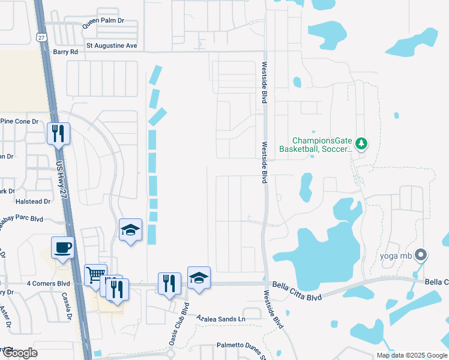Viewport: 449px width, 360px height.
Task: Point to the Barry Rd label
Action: (65, 52)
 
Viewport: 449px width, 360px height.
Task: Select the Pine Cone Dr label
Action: (19, 121)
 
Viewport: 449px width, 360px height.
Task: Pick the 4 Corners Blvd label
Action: (48, 283)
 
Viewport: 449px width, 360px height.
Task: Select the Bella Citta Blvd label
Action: (297, 288)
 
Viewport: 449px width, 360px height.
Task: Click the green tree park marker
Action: (361, 143)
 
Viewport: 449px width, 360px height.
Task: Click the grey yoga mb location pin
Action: (421, 256)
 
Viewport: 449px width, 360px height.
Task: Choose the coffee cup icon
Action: (63, 247)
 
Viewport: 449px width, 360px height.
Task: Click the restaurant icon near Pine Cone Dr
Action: (59, 133)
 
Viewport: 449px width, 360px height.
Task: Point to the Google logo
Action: (19, 353)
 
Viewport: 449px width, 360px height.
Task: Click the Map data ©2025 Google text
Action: (411, 355)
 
